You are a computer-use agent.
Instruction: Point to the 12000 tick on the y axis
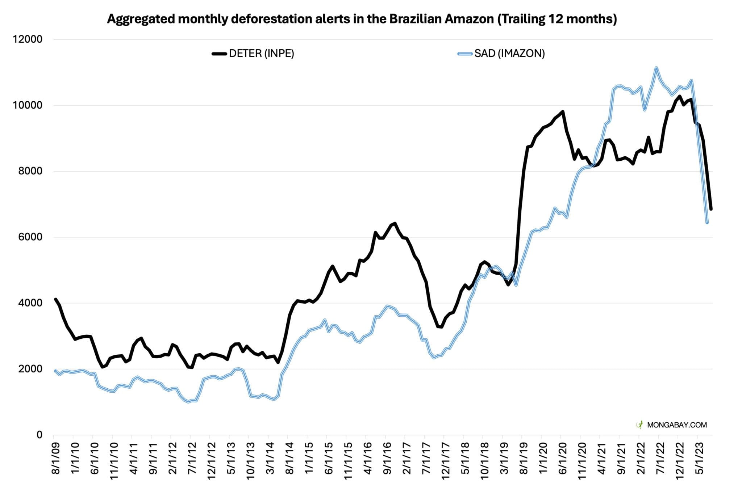click(x=28, y=39)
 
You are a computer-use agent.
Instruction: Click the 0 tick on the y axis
click(x=39, y=435)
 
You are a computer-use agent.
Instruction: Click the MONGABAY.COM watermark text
click(x=677, y=425)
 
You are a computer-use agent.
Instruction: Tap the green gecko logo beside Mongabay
click(x=640, y=425)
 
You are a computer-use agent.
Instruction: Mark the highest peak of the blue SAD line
click(x=656, y=68)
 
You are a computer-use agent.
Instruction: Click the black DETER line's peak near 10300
click(x=679, y=96)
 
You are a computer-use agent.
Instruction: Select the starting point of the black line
click(x=55, y=299)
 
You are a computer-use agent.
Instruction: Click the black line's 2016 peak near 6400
click(x=395, y=223)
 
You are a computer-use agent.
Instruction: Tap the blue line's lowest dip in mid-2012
click(x=188, y=402)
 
